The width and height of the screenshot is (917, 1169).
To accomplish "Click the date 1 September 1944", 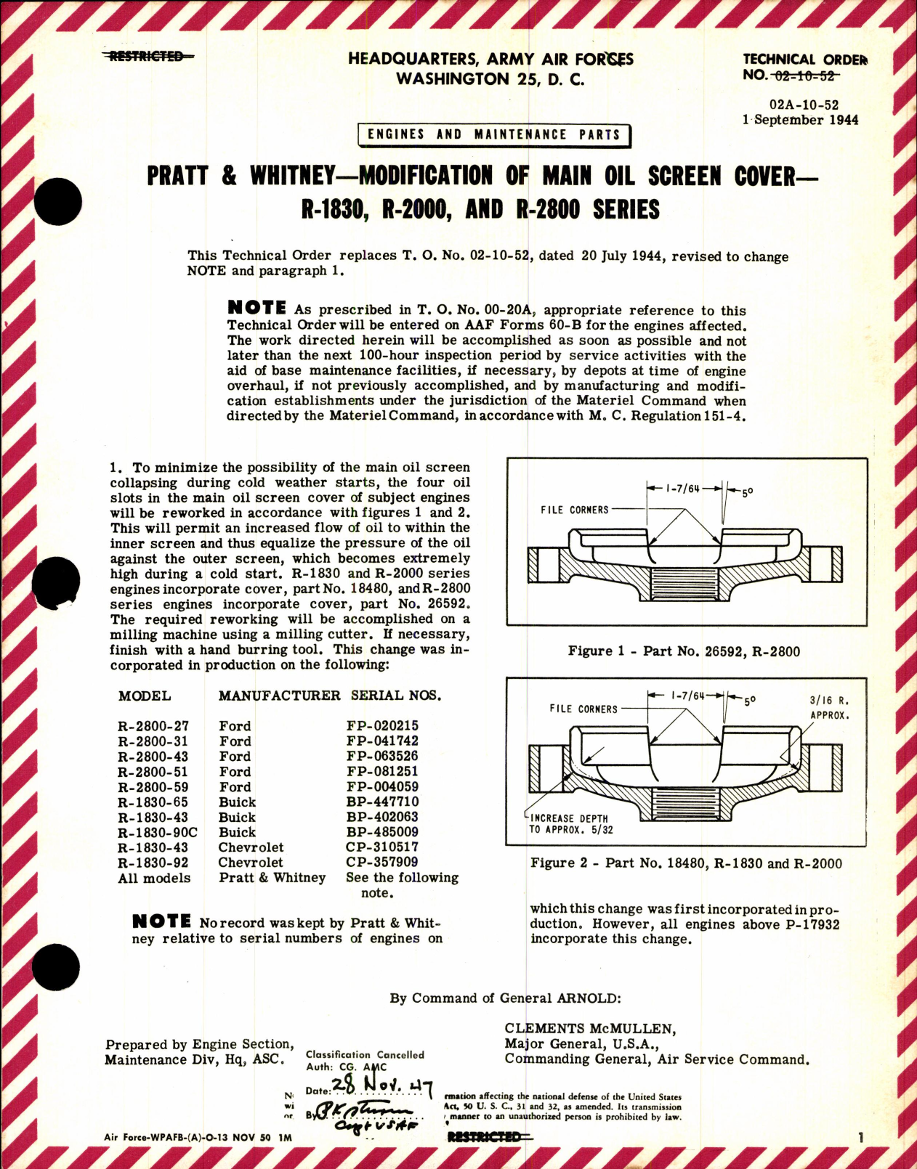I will click(x=800, y=120).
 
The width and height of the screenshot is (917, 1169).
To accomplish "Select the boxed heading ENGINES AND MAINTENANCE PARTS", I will click(x=494, y=135).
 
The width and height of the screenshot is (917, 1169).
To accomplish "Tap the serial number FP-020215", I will click(x=382, y=725).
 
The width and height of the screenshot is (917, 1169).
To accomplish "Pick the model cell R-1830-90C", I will click(x=158, y=832).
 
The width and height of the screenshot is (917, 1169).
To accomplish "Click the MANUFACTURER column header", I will click(x=279, y=696).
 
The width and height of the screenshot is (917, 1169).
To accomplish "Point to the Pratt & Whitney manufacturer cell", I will click(x=272, y=878).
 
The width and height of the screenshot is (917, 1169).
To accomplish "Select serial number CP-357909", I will click(x=381, y=863).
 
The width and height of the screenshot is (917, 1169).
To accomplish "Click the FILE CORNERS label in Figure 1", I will click(x=574, y=510).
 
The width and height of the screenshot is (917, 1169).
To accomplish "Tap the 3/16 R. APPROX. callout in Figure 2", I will click(x=829, y=708).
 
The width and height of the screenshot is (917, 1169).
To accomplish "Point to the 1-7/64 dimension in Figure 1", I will click(x=682, y=489).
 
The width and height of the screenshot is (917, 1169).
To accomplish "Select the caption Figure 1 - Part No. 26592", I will click(x=684, y=651).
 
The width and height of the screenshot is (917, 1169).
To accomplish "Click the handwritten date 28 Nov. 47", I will click(x=381, y=1087).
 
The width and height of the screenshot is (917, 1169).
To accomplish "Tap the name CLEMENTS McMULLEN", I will click(x=590, y=1028).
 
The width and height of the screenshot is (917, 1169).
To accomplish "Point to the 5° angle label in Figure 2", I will click(x=748, y=701).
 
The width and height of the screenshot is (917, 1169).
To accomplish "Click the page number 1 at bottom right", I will click(x=860, y=1139).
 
